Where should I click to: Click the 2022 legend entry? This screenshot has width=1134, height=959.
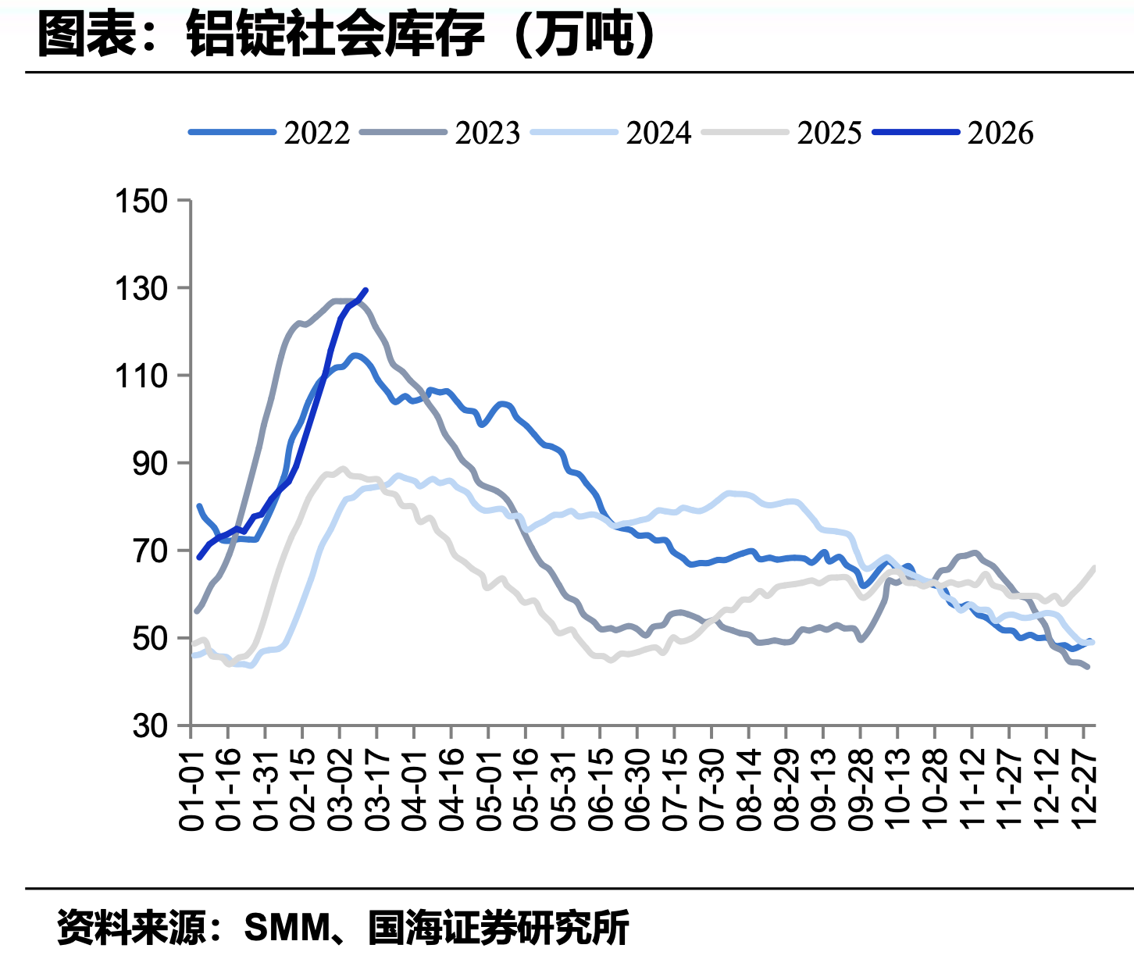269,133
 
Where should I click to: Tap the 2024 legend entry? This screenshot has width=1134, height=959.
612,133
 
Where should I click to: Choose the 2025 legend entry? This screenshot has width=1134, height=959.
782,133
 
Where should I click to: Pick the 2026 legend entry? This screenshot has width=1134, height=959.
953,133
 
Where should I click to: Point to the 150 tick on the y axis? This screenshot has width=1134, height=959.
141,201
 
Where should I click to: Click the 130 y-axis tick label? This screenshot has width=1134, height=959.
141,289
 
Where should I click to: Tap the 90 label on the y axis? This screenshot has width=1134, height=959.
150,464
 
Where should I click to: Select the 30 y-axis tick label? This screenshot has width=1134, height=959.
150,726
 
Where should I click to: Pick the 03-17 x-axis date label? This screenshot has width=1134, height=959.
377,791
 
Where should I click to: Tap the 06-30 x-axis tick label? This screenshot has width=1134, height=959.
637,791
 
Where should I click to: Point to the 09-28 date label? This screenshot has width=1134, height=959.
860,791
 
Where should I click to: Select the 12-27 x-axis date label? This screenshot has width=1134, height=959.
1083,791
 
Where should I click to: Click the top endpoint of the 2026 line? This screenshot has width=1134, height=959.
366,290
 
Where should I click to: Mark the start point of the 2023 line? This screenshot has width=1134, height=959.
196,611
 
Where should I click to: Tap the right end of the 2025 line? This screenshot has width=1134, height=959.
1095,567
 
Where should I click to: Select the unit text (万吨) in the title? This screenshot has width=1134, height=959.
584,34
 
